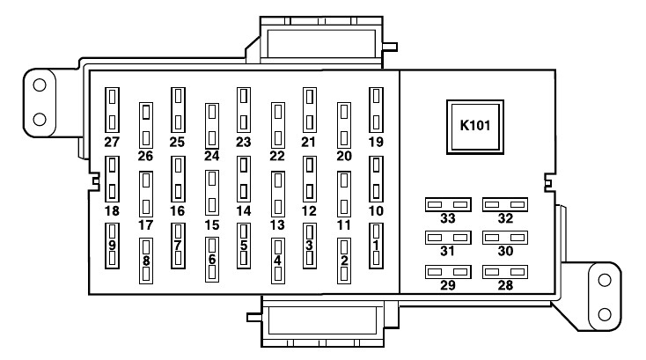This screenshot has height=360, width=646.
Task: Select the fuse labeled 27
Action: coord(112,108)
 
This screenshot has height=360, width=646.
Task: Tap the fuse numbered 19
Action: coord(376,108)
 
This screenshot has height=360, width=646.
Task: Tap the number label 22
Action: coord(277,156)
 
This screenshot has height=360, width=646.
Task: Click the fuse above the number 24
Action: coord(211,125)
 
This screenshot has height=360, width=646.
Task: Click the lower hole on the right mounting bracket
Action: coord(605,312)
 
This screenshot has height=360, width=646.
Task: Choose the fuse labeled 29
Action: coord(447,272)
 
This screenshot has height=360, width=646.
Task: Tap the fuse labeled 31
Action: coord(447,239)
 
